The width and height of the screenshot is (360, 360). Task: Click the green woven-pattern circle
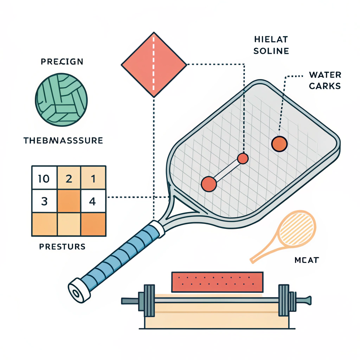pyautogui.click(x=62, y=100)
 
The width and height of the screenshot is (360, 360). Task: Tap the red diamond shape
pyautogui.click(x=154, y=65)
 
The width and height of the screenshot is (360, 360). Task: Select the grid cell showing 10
pyautogui.click(x=44, y=179)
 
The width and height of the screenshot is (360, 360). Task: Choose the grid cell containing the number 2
pyautogui.click(x=69, y=179)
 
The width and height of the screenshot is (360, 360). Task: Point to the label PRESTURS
pyautogui.click(x=62, y=246)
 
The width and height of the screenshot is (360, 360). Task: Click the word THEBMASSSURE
pyautogui.click(x=63, y=141)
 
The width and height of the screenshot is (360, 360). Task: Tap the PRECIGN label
pyautogui.click(x=62, y=62)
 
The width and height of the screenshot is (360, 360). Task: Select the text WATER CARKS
pyautogui.click(x=324, y=81)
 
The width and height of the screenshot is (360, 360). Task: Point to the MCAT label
pyautogui.click(x=306, y=260)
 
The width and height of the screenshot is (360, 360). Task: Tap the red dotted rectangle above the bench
pyautogui.click(x=217, y=282)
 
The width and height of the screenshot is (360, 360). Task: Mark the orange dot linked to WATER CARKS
pyautogui.click(x=279, y=144)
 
